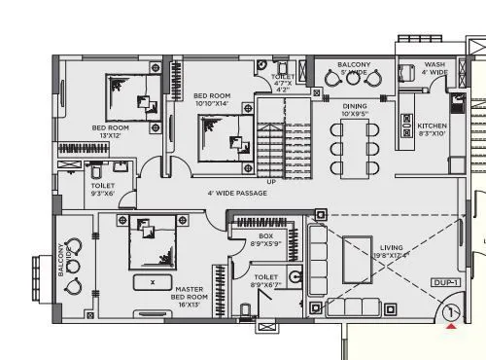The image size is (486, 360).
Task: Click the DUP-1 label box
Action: coord(444,282)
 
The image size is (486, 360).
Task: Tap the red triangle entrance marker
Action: coord(450,327)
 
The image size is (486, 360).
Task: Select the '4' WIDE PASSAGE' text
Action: coord(237,193)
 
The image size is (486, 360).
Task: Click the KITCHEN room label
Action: coord(432,129)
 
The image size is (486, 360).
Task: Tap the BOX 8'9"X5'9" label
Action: coord(264,239)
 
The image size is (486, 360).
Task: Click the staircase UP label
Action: coord(271,182)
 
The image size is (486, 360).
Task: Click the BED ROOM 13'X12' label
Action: coord(110,131)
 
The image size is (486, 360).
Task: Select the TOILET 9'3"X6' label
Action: coord(102,189)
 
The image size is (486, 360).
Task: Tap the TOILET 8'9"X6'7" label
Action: coord(265,281)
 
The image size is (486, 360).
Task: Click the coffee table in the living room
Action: coord(357,259)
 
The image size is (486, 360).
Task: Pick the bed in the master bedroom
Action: coord(153,240)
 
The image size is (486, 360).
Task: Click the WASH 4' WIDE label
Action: coord(434,68)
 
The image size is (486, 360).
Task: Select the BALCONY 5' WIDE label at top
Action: coord(354,68)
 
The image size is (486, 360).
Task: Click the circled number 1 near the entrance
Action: coord(450,313)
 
